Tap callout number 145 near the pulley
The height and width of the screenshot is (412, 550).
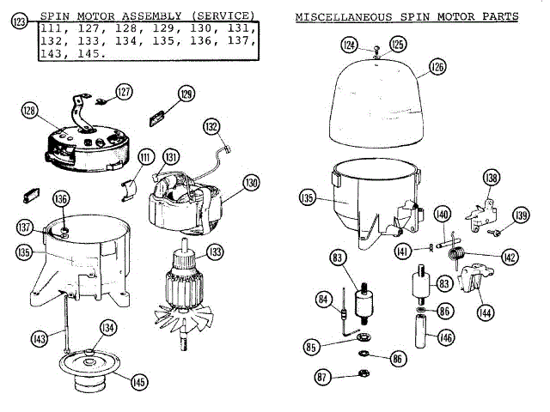(138, 382)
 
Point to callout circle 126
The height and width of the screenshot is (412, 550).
(437, 66)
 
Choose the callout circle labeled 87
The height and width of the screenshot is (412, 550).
(323, 376)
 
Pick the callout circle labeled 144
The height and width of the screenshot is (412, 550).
(486, 314)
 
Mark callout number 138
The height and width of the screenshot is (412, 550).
(491, 178)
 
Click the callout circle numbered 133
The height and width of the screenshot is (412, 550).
(214, 252)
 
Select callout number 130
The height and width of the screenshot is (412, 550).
(251, 183)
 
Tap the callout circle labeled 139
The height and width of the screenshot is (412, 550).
(521, 215)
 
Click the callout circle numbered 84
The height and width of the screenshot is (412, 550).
(324, 300)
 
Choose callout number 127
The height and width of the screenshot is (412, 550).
(125, 92)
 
